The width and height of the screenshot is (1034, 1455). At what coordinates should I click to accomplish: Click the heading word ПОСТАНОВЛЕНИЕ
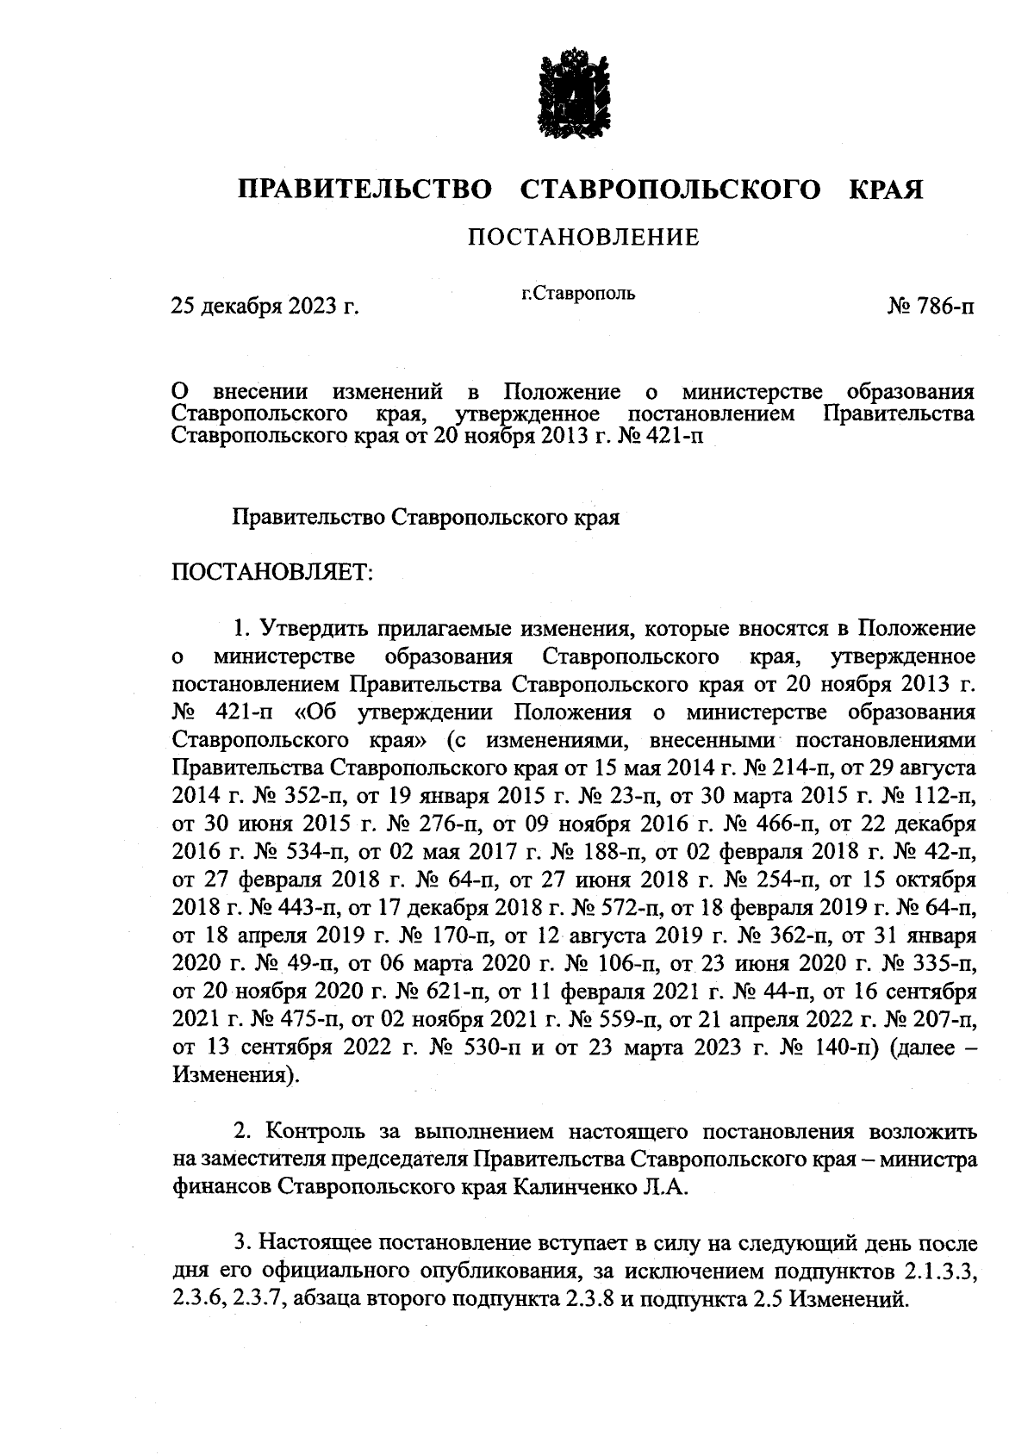pos(583,238)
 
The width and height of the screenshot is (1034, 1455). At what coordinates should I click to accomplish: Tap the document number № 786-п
pos(931,306)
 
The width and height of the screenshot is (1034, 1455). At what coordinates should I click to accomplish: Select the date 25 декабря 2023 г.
pos(265,306)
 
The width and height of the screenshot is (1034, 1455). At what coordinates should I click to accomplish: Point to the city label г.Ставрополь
pos(578,294)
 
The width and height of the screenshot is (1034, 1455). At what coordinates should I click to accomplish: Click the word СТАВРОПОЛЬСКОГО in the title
pos(671,189)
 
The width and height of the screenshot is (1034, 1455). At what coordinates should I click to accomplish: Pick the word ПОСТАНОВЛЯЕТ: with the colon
pos(271,573)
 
